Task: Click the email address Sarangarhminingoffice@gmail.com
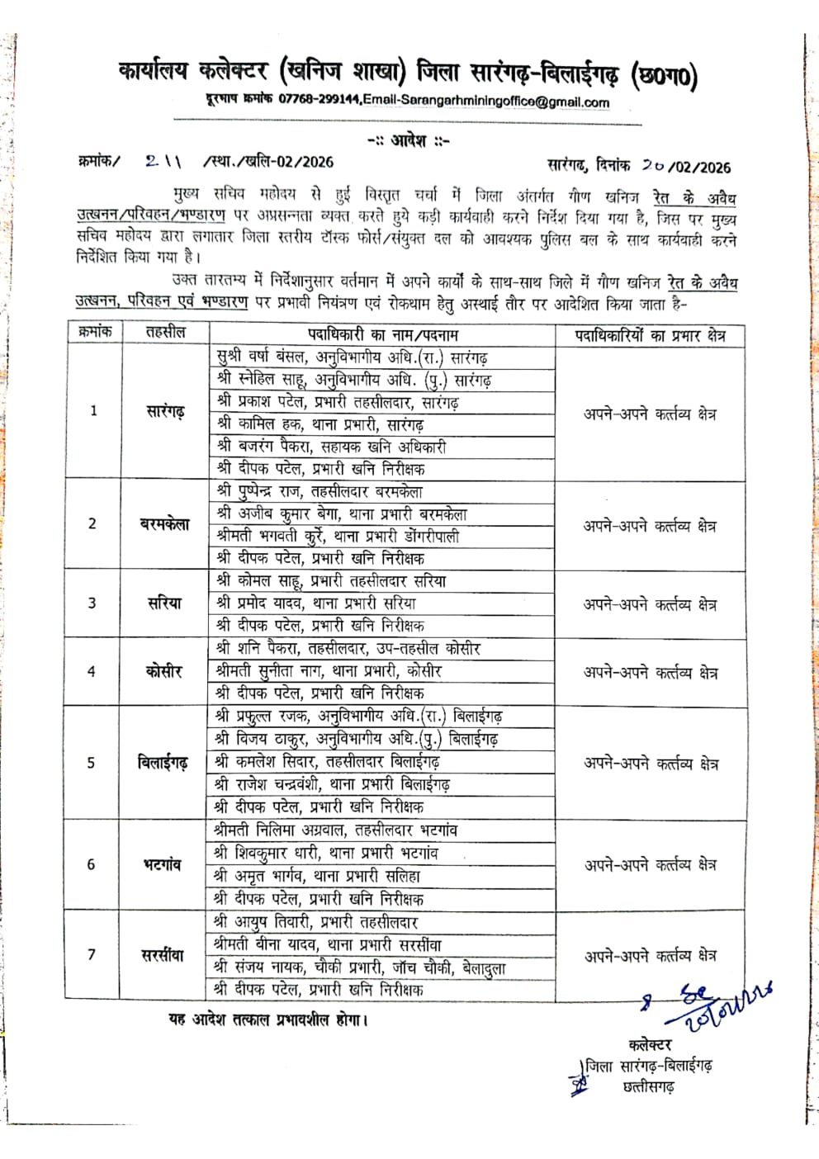[x=504, y=102]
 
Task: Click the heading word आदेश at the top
[x=408, y=140]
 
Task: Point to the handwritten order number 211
[x=167, y=161]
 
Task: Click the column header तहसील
[x=165, y=333]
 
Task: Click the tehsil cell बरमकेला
[x=164, y=524]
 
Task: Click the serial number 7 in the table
[x=92, y=955]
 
